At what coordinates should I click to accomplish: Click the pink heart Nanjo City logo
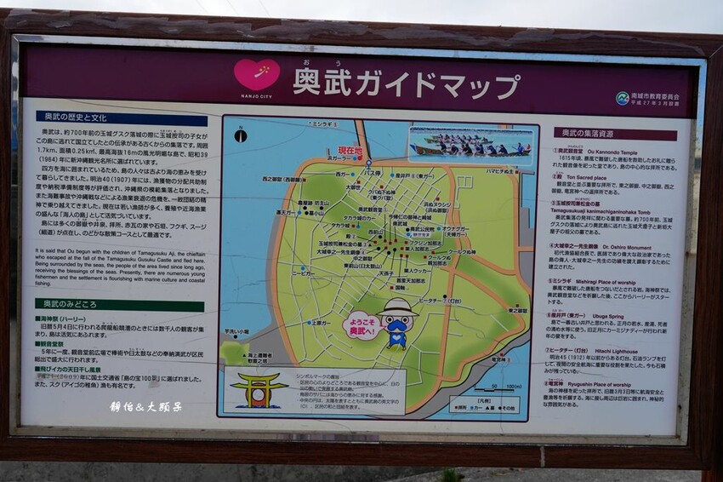257,74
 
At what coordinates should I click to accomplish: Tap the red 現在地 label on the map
350,151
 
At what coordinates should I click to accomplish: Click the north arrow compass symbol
241,135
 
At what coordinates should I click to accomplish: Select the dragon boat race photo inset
470,145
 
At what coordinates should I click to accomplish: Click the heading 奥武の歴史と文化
77,118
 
